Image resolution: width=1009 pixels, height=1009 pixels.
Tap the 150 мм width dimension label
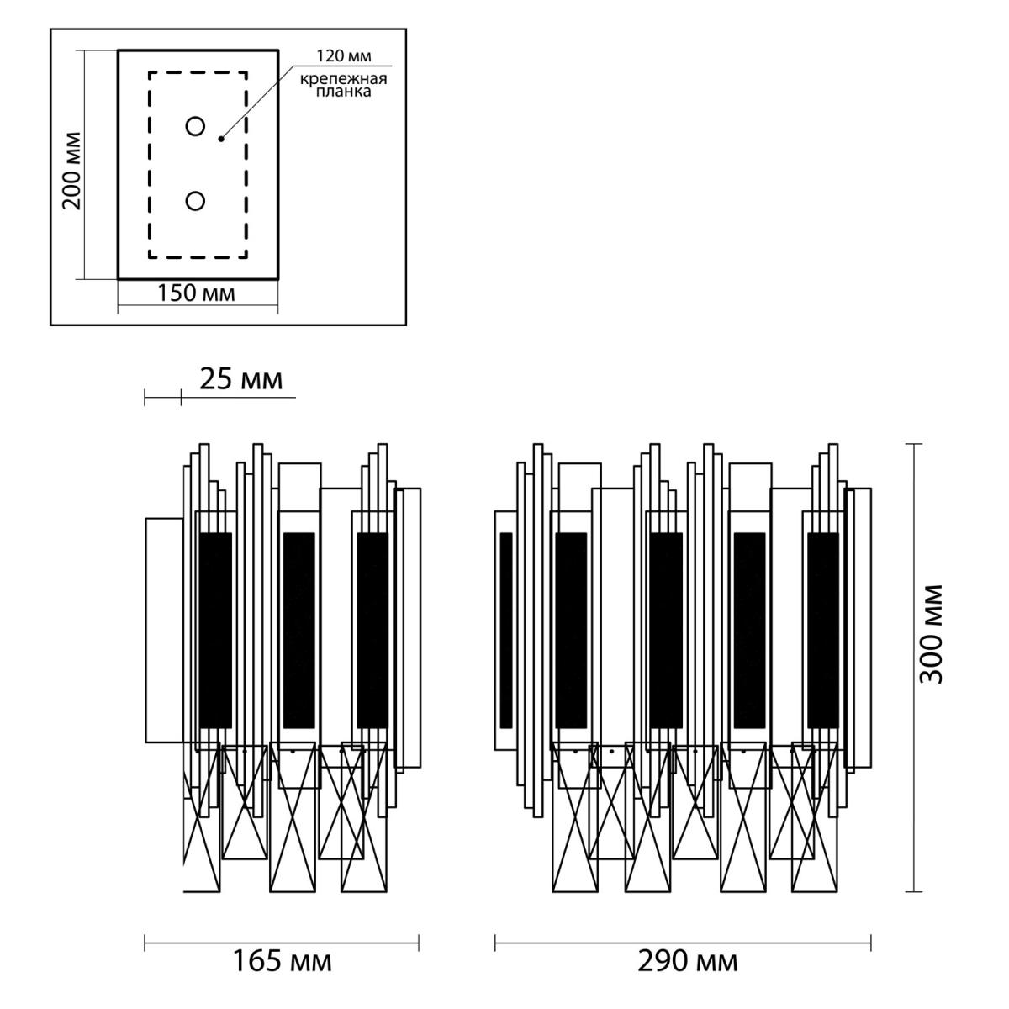click(197, 293)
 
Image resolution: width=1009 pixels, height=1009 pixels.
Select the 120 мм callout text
click(344, 56)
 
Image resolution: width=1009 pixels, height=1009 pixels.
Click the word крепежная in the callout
click(344, 80)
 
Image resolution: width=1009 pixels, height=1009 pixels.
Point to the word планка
click(344, 92)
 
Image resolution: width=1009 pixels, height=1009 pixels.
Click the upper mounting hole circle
click(195, 126)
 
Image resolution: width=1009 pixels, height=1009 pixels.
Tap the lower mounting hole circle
click(195, 201)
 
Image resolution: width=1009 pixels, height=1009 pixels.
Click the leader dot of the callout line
click(221, 140)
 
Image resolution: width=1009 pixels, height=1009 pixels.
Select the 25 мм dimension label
click(240, 379)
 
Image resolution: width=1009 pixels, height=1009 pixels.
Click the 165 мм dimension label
click(283, 961)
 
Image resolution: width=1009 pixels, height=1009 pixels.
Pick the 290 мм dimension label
click(688, 961)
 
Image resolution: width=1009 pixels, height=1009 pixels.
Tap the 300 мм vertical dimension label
click(932, 634)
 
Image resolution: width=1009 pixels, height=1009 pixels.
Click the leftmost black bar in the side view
click(215, 631)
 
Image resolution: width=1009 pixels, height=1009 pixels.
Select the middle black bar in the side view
click(299, 631)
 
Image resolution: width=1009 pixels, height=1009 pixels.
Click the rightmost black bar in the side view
click(372, 631)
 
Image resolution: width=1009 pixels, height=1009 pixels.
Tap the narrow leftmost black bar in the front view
click(506, 631)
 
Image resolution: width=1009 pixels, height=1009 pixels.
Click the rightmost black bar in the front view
click(823, 631)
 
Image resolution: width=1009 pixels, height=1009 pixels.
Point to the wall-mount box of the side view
click(165, 631)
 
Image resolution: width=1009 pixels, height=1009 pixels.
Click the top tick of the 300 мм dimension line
click(914, 444)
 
